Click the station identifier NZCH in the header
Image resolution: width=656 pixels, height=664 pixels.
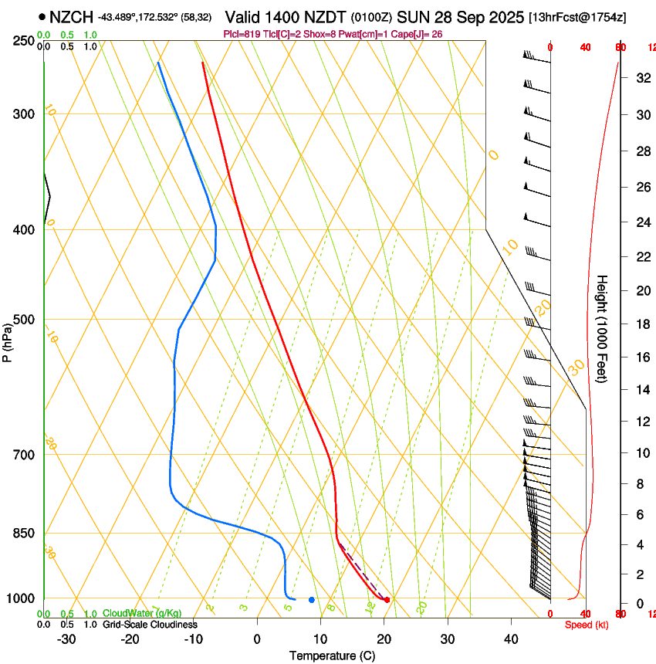click(71, 16)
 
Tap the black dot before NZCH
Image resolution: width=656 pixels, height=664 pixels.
click(42, 16)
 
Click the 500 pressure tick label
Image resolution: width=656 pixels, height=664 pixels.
click(23, 320)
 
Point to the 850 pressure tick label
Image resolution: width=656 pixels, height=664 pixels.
click(23, 534)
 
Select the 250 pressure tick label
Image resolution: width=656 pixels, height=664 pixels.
click(23, 40)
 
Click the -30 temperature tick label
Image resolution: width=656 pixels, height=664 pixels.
click(66, 639)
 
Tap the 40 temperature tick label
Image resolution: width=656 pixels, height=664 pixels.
click(511, 639)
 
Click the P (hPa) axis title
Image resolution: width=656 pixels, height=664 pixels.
click(7, 340)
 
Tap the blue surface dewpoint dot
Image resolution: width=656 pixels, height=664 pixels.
click(312, 600)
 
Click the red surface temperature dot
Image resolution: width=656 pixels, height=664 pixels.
click(387, 600)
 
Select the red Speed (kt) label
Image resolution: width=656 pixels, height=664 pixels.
click(585, 625)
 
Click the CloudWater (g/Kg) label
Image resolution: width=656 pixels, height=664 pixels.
click(143, 613)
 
